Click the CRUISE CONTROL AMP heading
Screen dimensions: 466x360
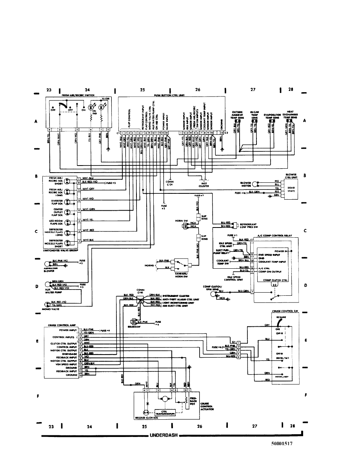60,325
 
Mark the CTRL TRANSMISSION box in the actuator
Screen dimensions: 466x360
167,411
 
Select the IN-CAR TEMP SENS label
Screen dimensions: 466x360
254,114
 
